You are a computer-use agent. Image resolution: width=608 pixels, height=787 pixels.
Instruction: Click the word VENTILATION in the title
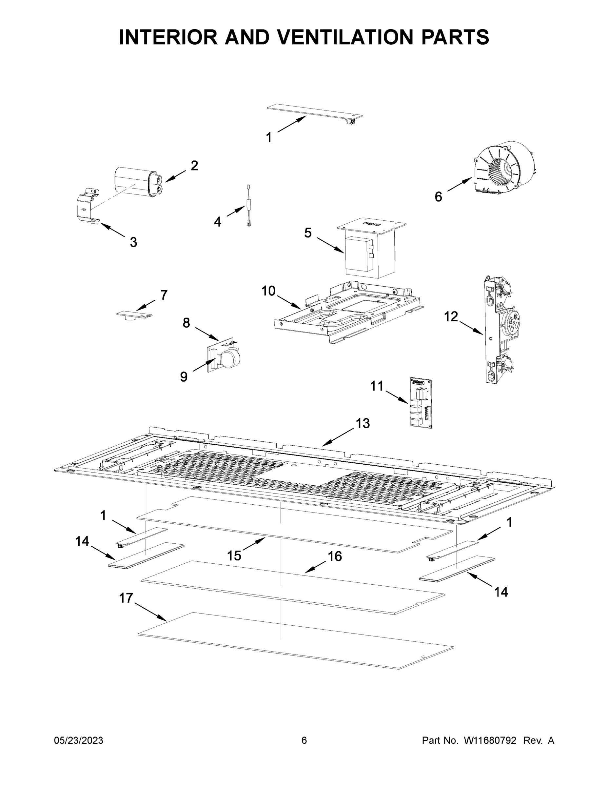point(346,37)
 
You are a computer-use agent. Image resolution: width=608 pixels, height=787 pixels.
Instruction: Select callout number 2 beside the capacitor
point(194,166)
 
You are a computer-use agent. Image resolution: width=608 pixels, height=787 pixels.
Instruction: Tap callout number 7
point(164,295)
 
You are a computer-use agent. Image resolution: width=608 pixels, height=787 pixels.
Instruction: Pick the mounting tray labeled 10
point(346,312)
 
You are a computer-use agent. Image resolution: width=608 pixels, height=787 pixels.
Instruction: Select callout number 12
point(451,316)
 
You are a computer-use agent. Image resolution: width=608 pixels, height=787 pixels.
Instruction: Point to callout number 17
point(126,598)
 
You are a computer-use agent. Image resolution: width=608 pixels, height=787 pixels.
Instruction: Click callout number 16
point(335,556)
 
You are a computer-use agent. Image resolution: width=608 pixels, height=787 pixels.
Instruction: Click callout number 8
point(186,323)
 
